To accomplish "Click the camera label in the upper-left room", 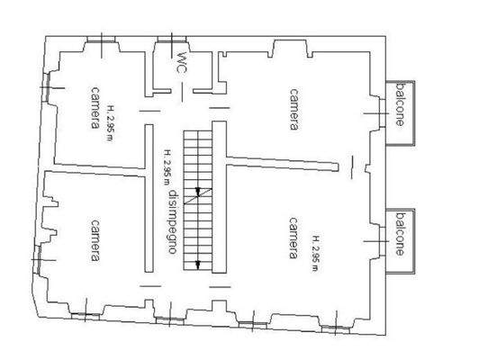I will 94,108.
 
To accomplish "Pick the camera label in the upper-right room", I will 294,109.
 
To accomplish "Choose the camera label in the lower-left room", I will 94,239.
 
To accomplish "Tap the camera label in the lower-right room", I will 294,238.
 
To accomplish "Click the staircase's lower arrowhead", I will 197,263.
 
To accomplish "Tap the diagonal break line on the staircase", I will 198,198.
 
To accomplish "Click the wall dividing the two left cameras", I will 94,171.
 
